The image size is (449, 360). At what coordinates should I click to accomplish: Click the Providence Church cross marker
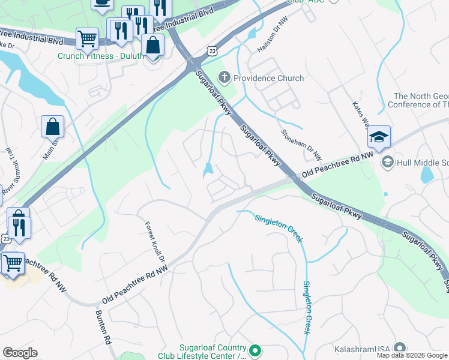click(x=224, y=77)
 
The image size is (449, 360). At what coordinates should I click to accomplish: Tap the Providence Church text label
click(x=268, y=78)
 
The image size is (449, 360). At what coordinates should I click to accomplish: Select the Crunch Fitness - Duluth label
click(x=100, y=56)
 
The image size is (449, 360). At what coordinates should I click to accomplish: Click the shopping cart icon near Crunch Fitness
click(x=87, y=40)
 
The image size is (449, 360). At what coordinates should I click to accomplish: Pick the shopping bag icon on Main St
click(x=52, y=127)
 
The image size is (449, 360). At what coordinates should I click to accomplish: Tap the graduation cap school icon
click(x=379, y=137)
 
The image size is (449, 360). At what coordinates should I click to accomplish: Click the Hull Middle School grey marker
click(x=387, y=161)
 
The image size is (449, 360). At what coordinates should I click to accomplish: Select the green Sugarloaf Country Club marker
click(x=255, y=349)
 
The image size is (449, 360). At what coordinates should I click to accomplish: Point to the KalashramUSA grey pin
click(x=400, y=349)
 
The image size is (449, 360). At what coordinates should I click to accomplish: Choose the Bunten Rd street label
click(x=103, y=327)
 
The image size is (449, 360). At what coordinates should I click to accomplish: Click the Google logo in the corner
click(x=20, y=352)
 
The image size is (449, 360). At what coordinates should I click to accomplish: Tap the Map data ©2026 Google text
click(x=412, y=355)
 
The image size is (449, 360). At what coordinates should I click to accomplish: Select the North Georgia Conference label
click(x=420, y=100)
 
